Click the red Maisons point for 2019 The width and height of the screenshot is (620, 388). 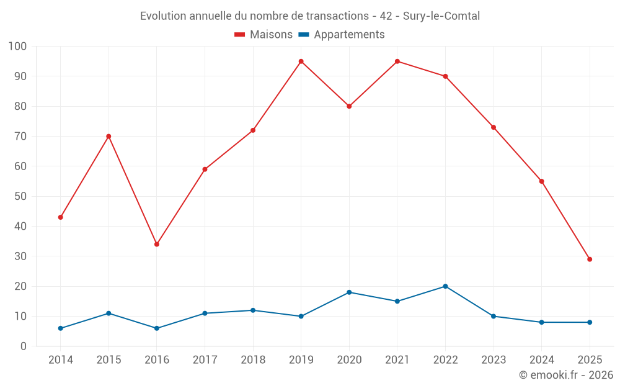[x=301, y=61]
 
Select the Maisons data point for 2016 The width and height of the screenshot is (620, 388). [x=157, y=245]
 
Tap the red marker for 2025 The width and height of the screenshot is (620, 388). [x=590, y=259]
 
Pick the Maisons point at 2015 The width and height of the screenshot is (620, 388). [x=108, y=137]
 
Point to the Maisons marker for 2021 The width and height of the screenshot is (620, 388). [x=397, y=61]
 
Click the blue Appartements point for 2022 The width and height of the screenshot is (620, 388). [x=445, y=286]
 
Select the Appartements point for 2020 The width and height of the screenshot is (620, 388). [x=349, y=292]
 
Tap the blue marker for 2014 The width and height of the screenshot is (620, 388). [x=61, y=328]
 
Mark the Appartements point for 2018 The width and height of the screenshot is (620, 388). [x=253, y=310]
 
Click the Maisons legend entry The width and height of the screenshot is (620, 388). [x=263, y=35]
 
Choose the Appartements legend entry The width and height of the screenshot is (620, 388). [x=342, y=35]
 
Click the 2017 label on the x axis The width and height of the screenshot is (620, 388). [x=205, y=360]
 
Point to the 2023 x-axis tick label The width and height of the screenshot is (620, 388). [x=494, y=360]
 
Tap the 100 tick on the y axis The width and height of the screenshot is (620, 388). [x=18, y=47]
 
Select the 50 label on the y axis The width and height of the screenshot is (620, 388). [x=20, y=196]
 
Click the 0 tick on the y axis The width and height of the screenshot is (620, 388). [x=24, y=346]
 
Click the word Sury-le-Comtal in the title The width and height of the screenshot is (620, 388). [x=441, y=16]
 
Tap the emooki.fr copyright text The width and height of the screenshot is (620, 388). [x=566, y=375]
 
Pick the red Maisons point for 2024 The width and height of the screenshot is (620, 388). [x=541, y=181]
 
